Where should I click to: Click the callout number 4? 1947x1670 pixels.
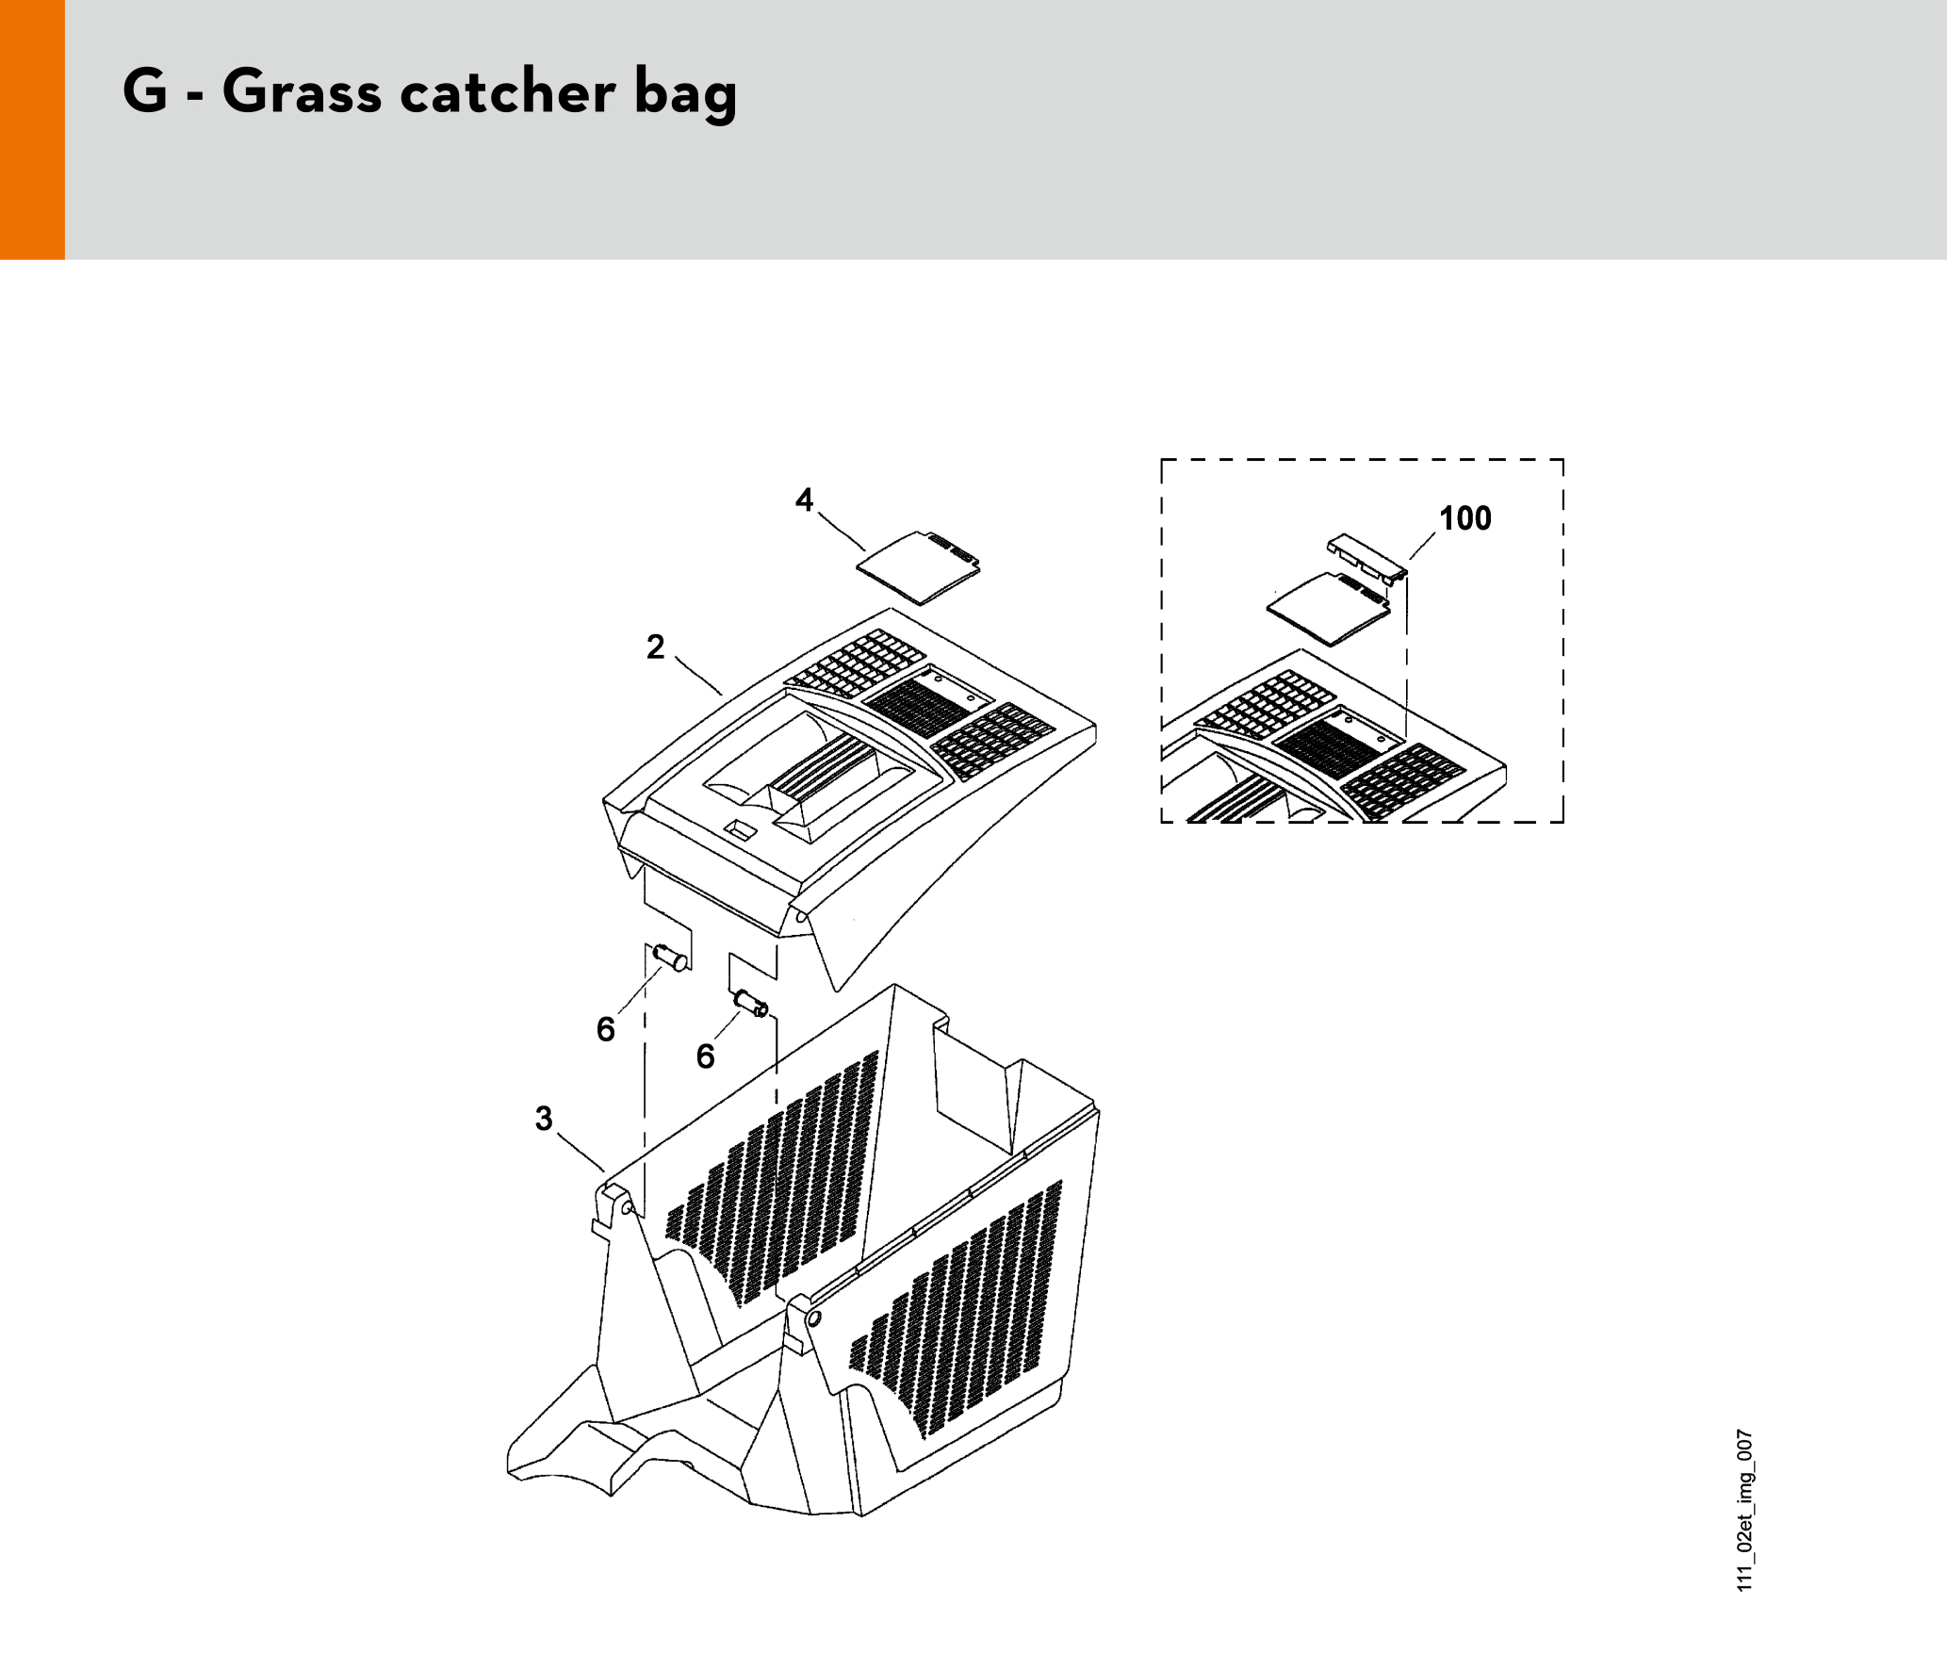tap(804, 499)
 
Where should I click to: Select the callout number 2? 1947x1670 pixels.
tap(656, 647)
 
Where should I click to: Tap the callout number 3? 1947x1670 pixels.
tap(544, 1119)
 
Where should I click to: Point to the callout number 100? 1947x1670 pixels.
tap(1465, 518)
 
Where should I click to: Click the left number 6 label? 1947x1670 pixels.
tap(606, 1029)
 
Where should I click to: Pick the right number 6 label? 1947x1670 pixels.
tap(706, 1056)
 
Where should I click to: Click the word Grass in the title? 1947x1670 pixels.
tap(302, 91)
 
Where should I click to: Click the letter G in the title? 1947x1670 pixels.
tap(145, 91)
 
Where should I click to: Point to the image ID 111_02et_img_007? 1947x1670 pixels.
tap(1745, 1511)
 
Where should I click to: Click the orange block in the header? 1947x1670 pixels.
tap(32, 129)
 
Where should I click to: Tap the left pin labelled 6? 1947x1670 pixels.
tap(670, 958)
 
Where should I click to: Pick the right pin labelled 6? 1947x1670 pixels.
tap(751, 1004)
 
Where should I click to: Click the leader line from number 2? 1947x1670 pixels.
tap(698, 675)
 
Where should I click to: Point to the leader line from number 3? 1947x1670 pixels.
tap(581, 1152)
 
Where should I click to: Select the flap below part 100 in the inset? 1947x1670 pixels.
tap(1328, 610)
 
